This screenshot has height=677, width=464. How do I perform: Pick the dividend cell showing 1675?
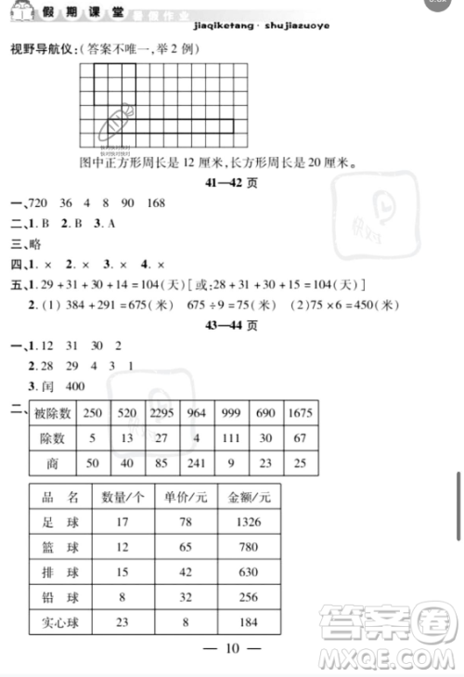click(299, 412)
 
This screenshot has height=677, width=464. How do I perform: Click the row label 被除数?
click(52, 412)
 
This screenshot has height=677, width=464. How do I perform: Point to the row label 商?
click(52, 462)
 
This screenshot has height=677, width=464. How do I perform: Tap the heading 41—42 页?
click(231, 185)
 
